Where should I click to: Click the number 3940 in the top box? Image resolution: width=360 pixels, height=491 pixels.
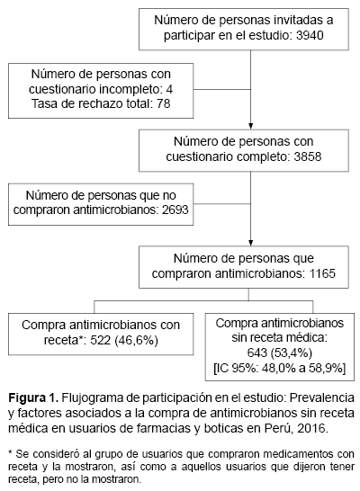coord(310,35)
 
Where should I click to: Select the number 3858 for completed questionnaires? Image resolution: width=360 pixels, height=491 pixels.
coord(308,156)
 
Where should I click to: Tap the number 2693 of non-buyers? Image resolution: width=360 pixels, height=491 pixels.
coord(175,210)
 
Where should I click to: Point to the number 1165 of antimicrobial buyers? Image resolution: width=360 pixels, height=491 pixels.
coord(322,273)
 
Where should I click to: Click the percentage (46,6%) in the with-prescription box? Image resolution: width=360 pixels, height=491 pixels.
coord(136,340)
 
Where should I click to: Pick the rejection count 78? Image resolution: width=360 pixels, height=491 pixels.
coord(163,103)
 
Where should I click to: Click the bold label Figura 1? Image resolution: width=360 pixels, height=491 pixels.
coord(33,398)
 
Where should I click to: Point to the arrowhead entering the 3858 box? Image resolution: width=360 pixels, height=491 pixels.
coord(250,126)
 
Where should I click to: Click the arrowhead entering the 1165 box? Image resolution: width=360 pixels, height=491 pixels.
coord(250,243)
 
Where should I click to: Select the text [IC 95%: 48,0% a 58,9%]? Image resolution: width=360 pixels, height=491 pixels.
coord(280,369)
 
